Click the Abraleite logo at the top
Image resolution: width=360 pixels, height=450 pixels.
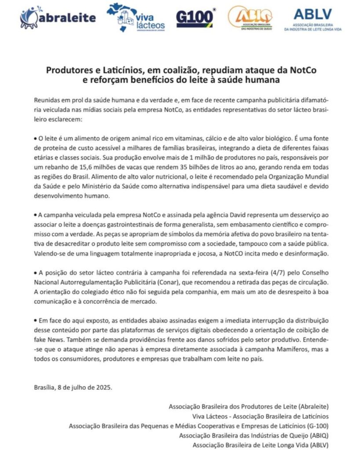(x=58, y=18)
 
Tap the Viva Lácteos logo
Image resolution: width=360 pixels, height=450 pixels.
(x=136, y=18)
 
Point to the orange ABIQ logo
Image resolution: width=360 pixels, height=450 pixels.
(x=250, y=18)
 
